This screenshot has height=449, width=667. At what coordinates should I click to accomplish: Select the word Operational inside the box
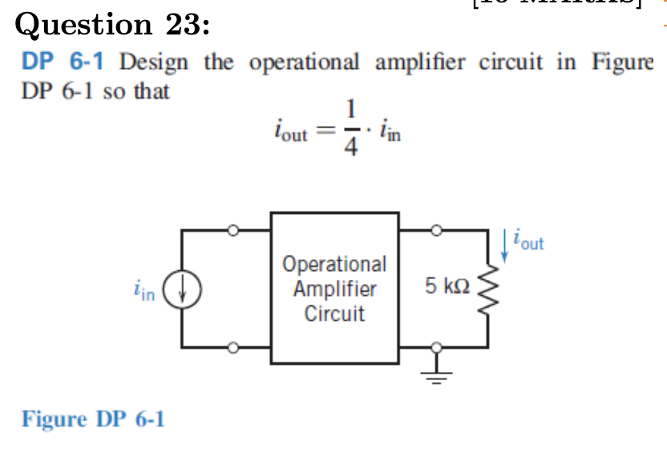(334, 264)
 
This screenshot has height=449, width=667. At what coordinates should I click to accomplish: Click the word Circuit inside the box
(334, 313)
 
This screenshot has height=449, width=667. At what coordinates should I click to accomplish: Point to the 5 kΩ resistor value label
(446, 285)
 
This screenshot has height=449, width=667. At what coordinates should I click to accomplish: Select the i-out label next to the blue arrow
(530, 241)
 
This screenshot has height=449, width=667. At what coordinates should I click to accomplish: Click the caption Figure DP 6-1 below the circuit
(93, 419)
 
